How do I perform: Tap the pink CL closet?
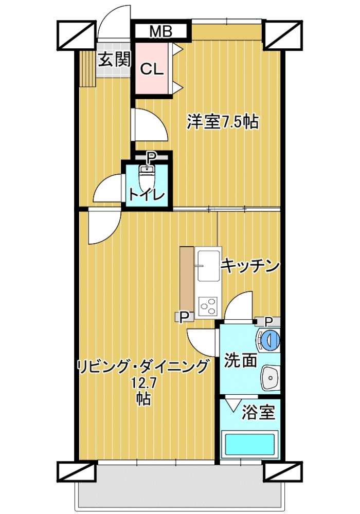(152, 68)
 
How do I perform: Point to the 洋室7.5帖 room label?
(223, 122)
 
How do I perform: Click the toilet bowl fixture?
(146, 177)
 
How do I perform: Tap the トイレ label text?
(146, 195)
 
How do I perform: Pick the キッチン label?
(250, 266)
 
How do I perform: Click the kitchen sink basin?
(208, 266)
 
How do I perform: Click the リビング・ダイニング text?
(142, 366)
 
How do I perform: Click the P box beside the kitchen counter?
(185, 316)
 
